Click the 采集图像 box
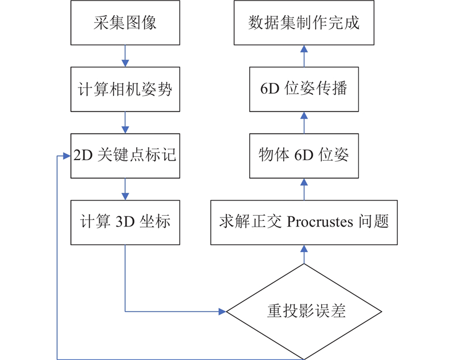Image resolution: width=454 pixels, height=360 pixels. click(125, 23)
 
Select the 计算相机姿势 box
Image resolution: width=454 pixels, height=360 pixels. click(125, 89)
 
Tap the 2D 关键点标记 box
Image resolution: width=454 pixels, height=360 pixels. click(125, 156)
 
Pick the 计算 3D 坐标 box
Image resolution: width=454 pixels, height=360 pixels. click(125, 222)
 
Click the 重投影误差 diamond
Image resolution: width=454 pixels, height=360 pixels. click(304, 311)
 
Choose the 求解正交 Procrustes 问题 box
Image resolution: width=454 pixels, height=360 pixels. click(304, 222)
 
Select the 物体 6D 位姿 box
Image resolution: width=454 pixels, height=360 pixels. click(304, 156)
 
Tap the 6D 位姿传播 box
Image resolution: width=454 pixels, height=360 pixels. click(304, 89)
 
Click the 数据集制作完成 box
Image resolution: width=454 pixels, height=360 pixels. click(304, 23)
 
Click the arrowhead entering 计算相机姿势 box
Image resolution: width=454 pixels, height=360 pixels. click(125, 64)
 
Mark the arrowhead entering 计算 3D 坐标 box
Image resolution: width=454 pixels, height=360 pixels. click(125, 196)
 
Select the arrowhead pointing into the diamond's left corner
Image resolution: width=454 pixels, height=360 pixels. click(222, 311)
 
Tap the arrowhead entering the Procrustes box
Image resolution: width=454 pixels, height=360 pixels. click(304, 249)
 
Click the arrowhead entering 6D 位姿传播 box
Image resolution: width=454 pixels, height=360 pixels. click(304, 116)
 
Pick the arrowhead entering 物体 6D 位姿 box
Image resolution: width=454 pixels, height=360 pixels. click(304, 182)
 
